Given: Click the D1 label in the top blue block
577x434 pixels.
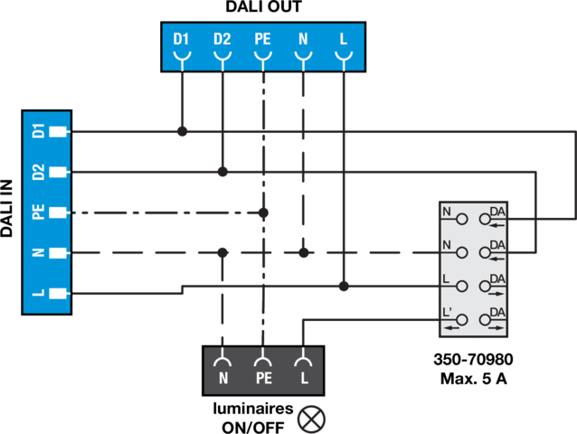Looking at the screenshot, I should [182, 40].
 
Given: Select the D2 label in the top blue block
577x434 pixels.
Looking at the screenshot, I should [222, 40].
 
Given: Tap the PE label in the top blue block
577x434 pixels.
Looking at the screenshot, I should [262, 40].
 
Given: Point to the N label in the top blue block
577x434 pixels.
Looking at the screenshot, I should [303, 40].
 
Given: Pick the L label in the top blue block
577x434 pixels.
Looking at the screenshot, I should [344, 40].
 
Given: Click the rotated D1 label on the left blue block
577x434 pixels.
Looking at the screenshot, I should [38, 131].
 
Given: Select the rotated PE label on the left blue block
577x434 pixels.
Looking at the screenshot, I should [38, 212].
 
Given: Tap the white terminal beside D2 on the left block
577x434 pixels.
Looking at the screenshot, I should [60, 172].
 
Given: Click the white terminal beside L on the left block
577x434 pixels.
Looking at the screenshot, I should [60, 293].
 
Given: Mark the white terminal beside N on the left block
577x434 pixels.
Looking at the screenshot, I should [60, 252].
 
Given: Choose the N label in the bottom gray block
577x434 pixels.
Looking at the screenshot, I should [223, 378].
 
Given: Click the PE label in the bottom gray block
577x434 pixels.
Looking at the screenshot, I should [263, 378].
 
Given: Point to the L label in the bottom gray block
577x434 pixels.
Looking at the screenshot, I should [304, 378].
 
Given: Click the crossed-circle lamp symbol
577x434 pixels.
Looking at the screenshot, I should [312, 419].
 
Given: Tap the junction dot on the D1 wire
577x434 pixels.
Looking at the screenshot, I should [183, 132].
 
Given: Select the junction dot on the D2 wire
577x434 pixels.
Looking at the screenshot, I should [222, 172].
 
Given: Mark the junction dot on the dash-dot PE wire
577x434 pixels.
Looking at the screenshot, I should [263, 213].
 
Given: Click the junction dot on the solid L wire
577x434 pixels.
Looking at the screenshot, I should [344, 287].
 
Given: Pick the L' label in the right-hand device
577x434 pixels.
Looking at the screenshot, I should [448, 312].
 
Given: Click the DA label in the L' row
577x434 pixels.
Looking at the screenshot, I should [497, 312].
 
